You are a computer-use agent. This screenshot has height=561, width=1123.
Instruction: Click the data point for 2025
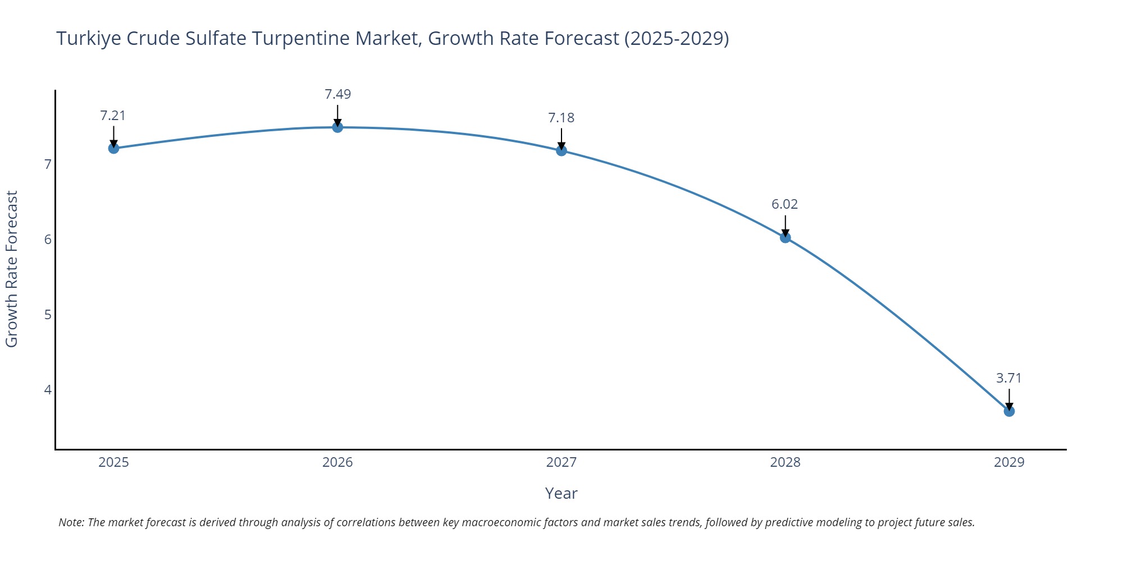pos(113,148)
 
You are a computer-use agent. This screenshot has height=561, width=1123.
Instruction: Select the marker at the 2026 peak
pos(337,127)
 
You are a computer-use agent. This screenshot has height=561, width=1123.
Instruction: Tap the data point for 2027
pos(561,150)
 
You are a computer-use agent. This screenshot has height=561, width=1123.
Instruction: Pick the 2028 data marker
pos(785,237)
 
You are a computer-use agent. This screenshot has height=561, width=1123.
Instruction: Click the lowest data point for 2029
pos(1009,411)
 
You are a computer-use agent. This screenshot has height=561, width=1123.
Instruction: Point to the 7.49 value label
pos(337,94)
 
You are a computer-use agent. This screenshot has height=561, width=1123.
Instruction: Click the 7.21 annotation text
pos(113,116)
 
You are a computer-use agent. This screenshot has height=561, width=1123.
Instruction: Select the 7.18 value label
pos(561,118)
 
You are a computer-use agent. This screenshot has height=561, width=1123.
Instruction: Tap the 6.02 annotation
pos(784,204)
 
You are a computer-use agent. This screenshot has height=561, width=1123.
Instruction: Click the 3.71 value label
pos(1008,378)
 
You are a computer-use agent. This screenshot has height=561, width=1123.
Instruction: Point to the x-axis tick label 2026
pos(337,462)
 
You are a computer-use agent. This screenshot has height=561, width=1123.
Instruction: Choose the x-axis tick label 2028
pos(785,462)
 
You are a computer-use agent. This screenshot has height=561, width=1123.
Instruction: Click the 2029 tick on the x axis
pos(1009,462)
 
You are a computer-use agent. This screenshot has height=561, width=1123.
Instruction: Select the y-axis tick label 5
pos(48,315)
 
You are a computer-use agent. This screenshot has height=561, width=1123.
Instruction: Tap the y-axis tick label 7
pos(48,164)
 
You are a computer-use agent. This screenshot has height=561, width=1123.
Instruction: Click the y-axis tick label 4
pos(48,390)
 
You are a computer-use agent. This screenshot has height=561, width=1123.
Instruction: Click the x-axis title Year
pos(561,493)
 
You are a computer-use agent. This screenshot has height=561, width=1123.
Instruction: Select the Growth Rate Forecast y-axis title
pos(12,269)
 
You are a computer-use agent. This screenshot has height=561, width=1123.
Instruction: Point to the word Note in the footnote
pos(71,522)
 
